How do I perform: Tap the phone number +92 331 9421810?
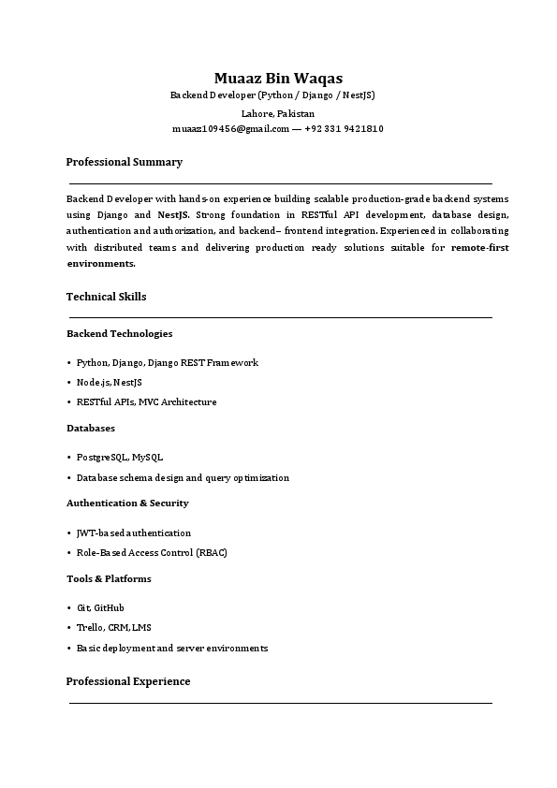(x=344, y=128)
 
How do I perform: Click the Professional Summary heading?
(x=124, y=162)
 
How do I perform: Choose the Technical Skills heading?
(x=106, y=297)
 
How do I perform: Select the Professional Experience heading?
(x=128, y=681)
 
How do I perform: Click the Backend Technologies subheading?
(x=119, y=333)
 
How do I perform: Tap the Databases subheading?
(x=91, y=428)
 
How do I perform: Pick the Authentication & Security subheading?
(x=127, y=503)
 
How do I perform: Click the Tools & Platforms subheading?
(x=109, y=578)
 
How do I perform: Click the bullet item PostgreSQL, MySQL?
(x=120, y=458)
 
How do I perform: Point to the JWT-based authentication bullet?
(x=134, y=533)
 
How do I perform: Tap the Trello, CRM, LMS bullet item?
(x=113, y=627)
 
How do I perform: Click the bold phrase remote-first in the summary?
(x=479, y=248)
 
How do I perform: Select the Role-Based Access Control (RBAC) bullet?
(x=152, y=552)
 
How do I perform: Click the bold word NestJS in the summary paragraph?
(x=173, y=214)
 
